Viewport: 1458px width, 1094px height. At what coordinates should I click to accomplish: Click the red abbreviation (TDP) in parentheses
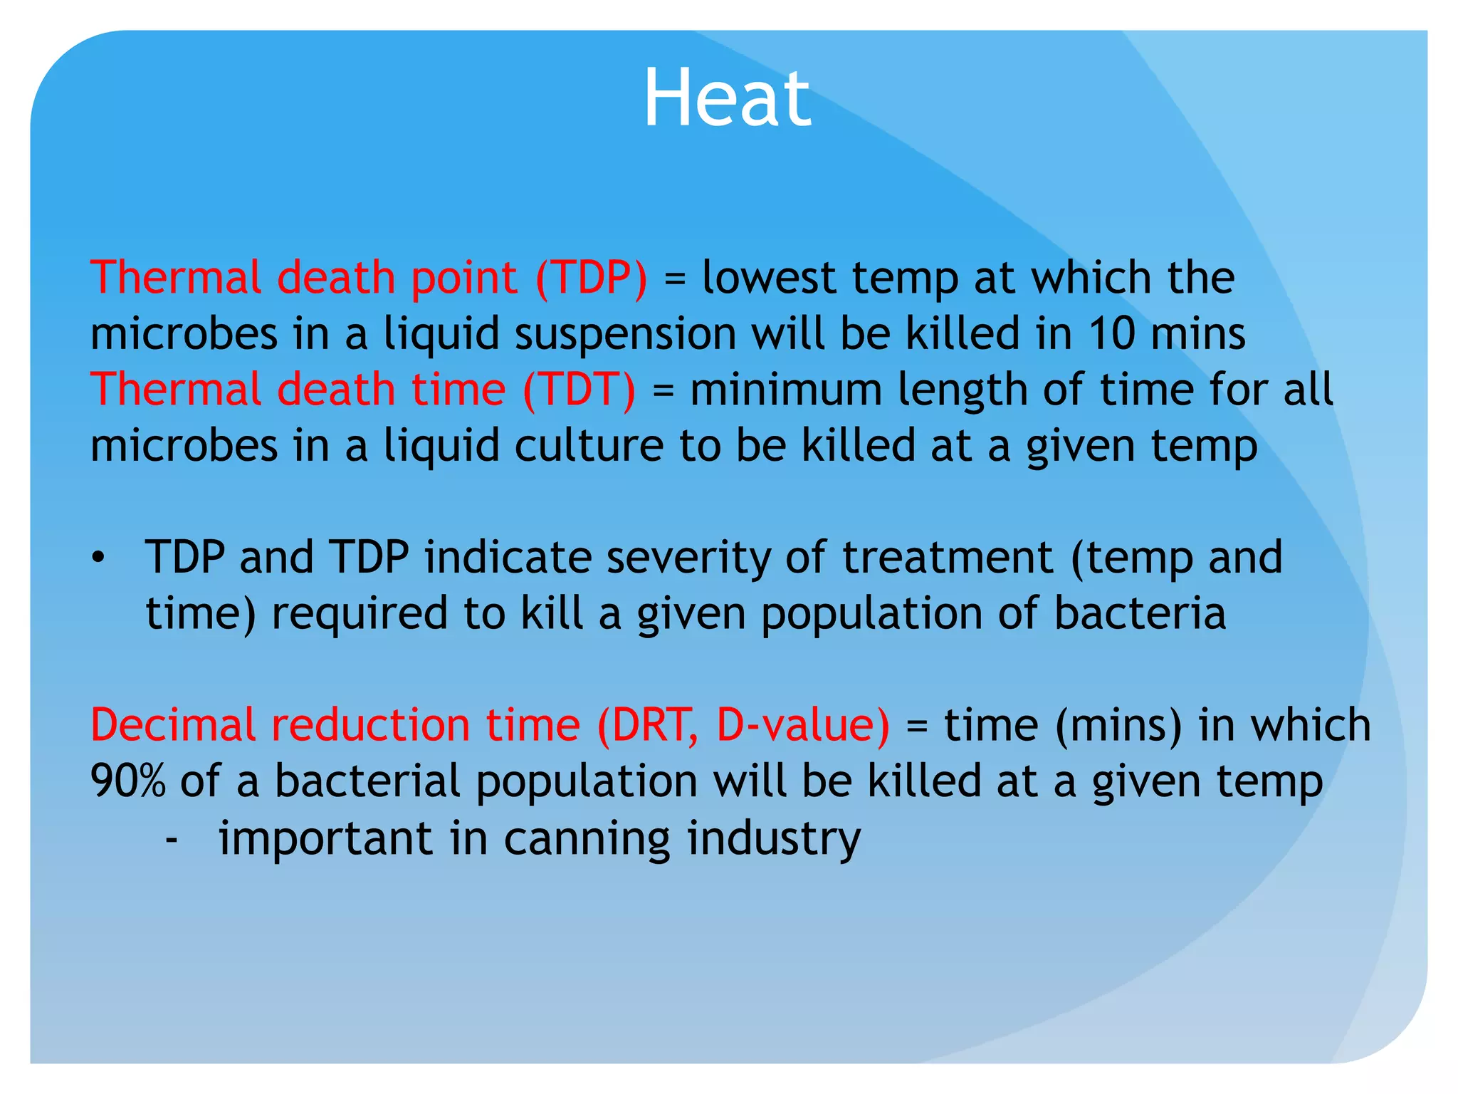pyautogui.click(x=592, y=277)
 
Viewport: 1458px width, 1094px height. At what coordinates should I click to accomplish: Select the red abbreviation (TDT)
pyautogui.click(x=579, y=390)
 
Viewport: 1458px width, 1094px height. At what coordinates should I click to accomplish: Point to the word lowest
pyautogui.click(x=769, y=277)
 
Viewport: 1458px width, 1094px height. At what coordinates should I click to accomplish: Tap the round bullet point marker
pyautogui.click(x=98, y=558)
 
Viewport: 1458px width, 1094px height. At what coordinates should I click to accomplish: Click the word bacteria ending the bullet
pyautogui.click(x=1140, y=613)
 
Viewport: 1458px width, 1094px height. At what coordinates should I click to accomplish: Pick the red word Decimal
pyautogui.click(x=172, y=725)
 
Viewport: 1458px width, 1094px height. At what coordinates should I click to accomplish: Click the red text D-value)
pyautogui.click(x=802, y=725)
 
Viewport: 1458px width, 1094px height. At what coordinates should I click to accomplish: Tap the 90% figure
pyautogui.click(x=127, y=781)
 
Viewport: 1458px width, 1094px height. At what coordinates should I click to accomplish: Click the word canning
pyautogui.click(x=587, y=839)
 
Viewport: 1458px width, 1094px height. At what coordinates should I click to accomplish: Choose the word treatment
pyautogui.click(x=948, y=558)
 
